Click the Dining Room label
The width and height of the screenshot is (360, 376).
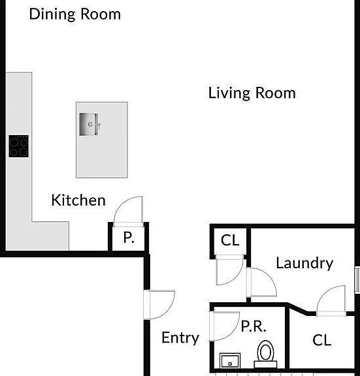click(x=75, y=14)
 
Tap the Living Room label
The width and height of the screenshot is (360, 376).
click(x=252, y=93)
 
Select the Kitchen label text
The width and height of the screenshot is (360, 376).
click(x=78, y=200)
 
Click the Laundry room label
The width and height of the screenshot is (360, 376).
click(x=304, y=263)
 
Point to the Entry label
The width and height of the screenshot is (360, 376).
click(x=180, y=338)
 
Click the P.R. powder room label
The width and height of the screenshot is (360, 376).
click(x=254, y=326)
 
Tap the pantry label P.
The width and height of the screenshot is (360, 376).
click(x=129, y=238)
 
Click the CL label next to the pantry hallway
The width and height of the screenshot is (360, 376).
click(x=230, y=240)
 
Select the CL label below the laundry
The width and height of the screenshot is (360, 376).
click(x=322, y=340)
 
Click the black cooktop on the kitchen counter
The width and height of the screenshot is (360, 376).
click(x=19, y=146)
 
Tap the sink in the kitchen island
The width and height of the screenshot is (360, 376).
click(x=89, y=124)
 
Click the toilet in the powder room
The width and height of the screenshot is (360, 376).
click(x=265, y=354)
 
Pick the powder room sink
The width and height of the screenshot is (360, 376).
click(x=230, y=360)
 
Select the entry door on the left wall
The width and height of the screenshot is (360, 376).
click(x=159, y=305)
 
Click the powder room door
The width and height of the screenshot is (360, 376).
click(x=224, y=326)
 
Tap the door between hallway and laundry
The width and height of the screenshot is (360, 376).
click(x=261, y=282)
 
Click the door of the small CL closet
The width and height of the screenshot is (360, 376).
click(x=229, y=270)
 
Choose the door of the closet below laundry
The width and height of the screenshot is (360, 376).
click(x=331, y=301)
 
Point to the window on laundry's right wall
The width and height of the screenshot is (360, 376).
click(x=357, y=279)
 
